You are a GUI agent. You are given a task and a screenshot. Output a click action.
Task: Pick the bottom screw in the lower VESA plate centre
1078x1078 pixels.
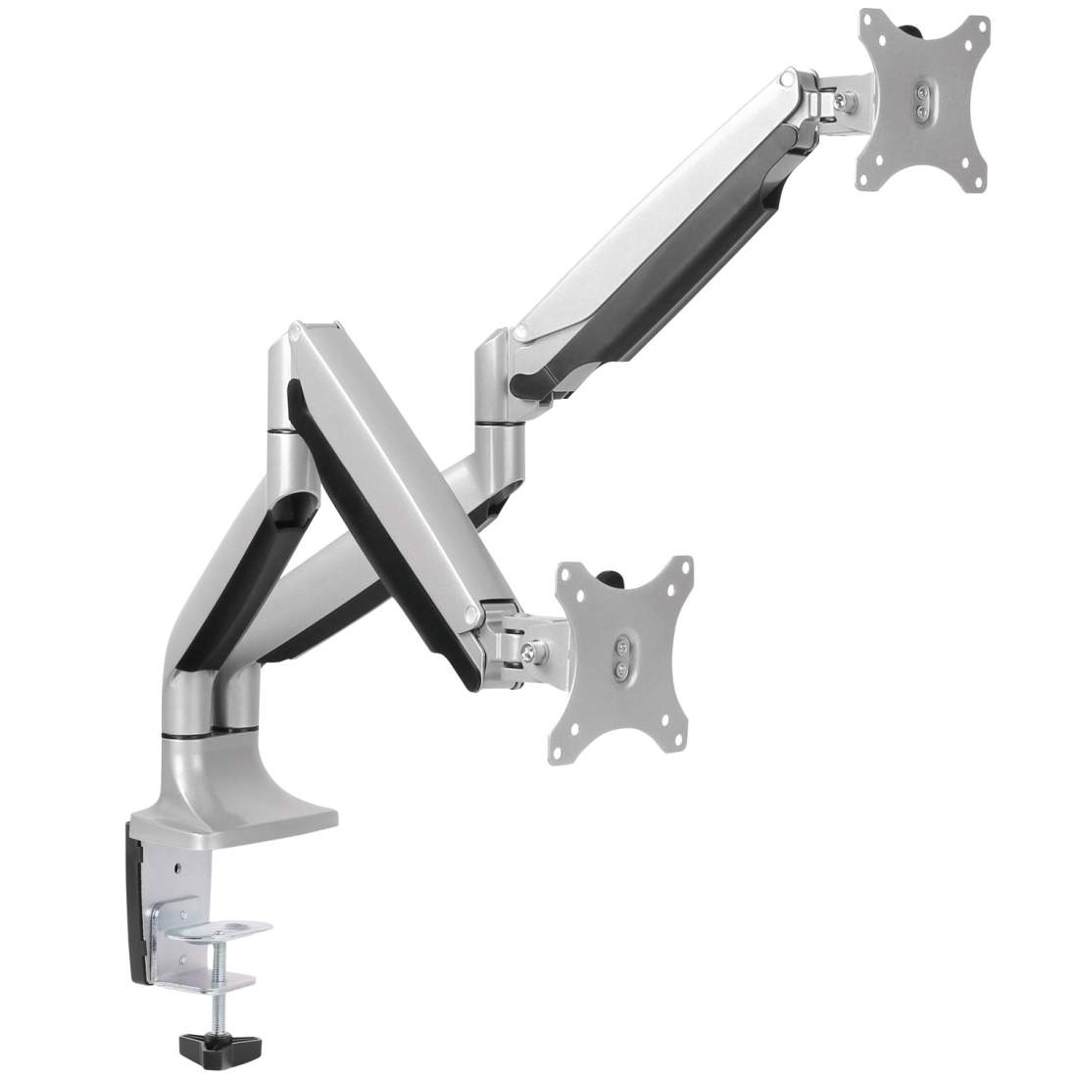coord(619,669)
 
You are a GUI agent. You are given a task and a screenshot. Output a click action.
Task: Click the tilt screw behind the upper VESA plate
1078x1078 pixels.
coord(840,100)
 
